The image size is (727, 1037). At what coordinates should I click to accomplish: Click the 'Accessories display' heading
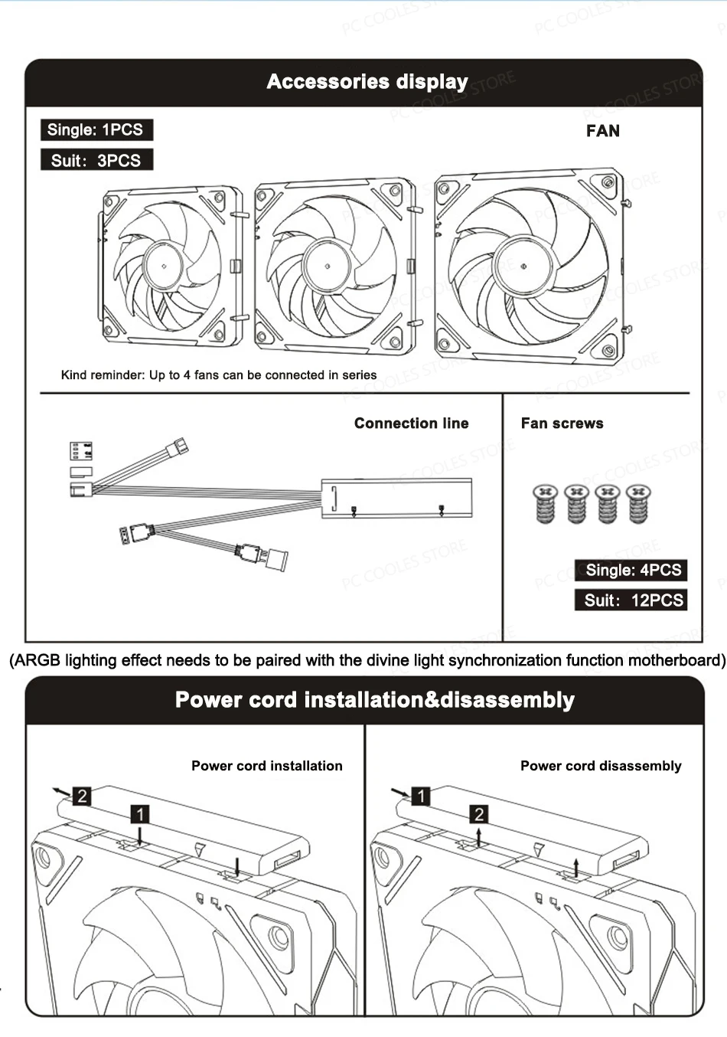(367, 82)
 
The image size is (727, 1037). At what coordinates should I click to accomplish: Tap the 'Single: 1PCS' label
(96, 129)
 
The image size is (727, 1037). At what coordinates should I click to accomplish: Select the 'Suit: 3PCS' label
(96, 160)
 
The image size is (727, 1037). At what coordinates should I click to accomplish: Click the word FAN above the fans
(603, 131)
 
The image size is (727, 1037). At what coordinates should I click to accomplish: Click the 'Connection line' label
(411, 424)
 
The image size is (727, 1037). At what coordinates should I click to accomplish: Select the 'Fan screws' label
(562, 424)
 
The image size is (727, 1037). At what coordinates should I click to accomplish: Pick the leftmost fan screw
(545, 503)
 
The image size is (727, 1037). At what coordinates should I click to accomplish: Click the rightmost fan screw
(637, 503)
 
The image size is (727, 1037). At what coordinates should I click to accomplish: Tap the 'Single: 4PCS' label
(633, 570)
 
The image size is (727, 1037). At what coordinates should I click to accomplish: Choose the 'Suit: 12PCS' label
(633, 600)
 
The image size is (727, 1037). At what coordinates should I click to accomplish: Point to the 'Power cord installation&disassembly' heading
(374, 700)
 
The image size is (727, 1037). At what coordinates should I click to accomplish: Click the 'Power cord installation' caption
(266, 766)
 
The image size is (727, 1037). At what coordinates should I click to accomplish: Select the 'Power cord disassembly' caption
(601, 766)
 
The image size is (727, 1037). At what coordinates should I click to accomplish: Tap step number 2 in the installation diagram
(82, 796)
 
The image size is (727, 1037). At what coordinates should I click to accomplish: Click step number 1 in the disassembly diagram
(421, 796)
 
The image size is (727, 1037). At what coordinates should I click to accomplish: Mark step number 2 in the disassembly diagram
(479, 814)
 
